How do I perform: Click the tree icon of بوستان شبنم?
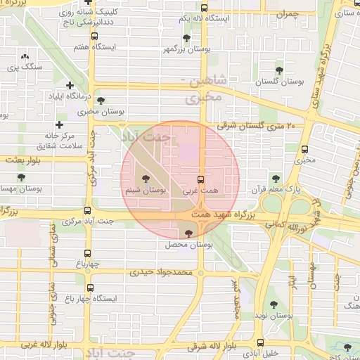[x=146, y=179]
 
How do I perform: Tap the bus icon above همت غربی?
[x=201, y=179]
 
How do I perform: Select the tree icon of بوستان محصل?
[x=188, y=233]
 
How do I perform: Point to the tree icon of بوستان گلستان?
[x=280, y=70]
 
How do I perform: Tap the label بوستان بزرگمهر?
[x=186, y=51]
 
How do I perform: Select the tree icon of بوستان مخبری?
[x=101, y=101]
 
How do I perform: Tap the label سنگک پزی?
[x=25, y=67]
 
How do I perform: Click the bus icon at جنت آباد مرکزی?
[x=87, y=210]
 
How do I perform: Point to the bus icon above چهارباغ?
[x=88, y=254]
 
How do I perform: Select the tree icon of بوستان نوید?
[x=274, y=304]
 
